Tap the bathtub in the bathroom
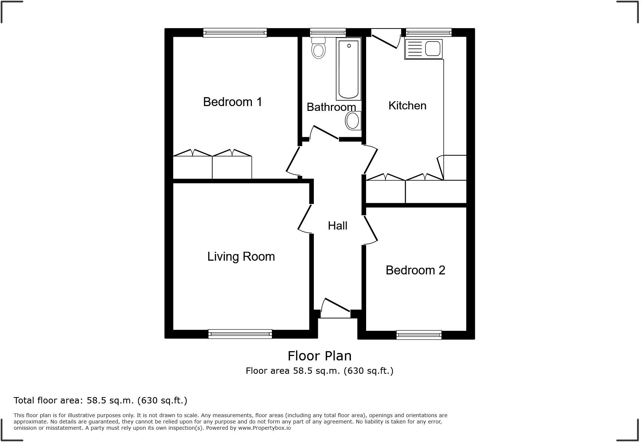click(x=348, y=70)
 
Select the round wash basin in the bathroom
click(x=353, y=121)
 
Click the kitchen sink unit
click(x=424, y=49)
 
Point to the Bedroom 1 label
click(x=233, y=102)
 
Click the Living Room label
click(x=241, y=256)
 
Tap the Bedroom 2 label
click(x=415, y=270)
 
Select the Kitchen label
click(x=407, y=106)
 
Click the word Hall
click(x=337, y=225)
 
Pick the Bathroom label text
click(x=331, y=107)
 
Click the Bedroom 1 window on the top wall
click(x=235, y=33)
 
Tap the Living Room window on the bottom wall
click(x=240, y=334)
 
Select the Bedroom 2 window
click(x=419, y=335)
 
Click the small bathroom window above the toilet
click(x=328, y=33)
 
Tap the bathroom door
click(x=324, y=133)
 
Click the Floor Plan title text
click(x=319, y=356)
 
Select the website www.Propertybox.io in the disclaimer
click(x=264, y=428)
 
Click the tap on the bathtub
click(x=349, y=46)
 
